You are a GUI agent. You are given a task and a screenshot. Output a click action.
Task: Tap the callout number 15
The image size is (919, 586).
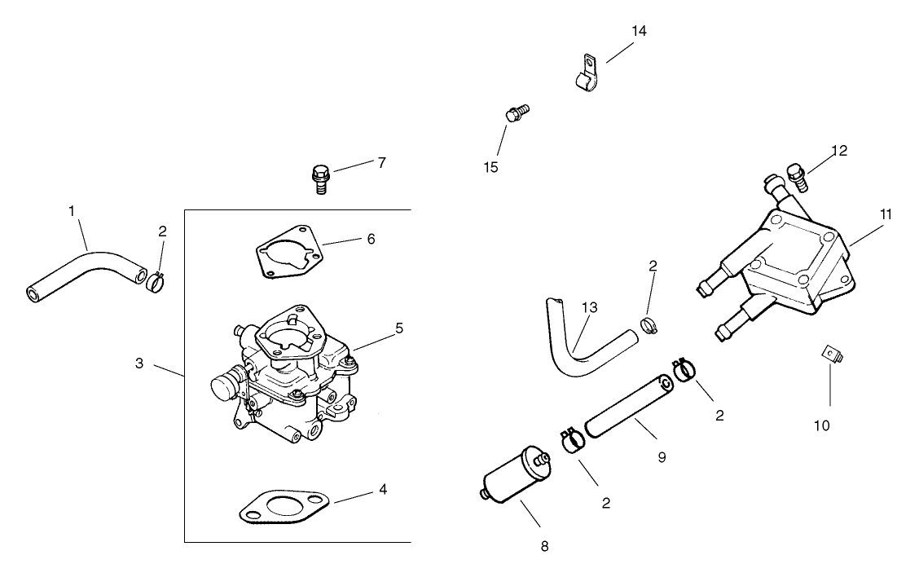[x=490, y=167]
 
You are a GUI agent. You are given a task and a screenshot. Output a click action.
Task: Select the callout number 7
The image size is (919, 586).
[x=380, y=162]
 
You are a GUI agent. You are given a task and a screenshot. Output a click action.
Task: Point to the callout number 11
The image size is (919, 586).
[x=886, y=214]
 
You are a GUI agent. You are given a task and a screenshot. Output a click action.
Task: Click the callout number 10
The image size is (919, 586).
[x=821, y=425]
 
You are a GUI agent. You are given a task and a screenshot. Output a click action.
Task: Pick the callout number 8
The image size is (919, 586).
[x=544, y=546]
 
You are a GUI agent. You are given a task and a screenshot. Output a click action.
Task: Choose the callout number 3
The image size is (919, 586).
[x=139, y=363]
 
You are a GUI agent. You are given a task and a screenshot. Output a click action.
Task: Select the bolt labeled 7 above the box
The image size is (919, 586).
[x=321, y=178]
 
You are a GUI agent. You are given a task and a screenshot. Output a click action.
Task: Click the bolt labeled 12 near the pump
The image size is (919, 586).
[x=796, y=175]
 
